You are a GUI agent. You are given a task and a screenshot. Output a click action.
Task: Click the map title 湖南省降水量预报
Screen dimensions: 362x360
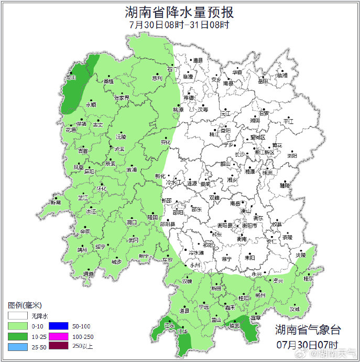[179, 12]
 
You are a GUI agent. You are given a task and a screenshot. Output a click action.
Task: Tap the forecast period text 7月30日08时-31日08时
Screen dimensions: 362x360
[179, 25]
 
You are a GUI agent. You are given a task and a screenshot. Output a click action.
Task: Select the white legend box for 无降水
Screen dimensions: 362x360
[17, 316]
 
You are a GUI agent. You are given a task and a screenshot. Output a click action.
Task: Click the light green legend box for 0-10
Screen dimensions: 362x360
[17, 326]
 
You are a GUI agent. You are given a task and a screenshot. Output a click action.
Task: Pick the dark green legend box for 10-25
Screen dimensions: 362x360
[17, 336]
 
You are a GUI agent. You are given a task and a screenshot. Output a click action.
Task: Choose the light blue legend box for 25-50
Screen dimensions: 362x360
[17, 347]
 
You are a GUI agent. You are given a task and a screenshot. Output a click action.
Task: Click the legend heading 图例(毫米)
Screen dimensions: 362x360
[25, 305]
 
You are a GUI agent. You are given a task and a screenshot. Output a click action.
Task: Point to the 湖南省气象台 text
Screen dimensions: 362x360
[308, 329]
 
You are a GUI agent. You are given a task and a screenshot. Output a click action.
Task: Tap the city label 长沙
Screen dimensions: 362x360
[239, 154]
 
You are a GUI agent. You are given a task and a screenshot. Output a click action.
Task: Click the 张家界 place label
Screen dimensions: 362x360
[122, 98]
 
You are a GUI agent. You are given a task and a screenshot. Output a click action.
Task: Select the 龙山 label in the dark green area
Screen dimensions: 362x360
[71, 77]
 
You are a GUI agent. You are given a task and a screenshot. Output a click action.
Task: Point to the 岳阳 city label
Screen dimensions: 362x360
[263, 81]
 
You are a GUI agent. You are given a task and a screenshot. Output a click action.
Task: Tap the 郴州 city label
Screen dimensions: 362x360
[260, 296]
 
